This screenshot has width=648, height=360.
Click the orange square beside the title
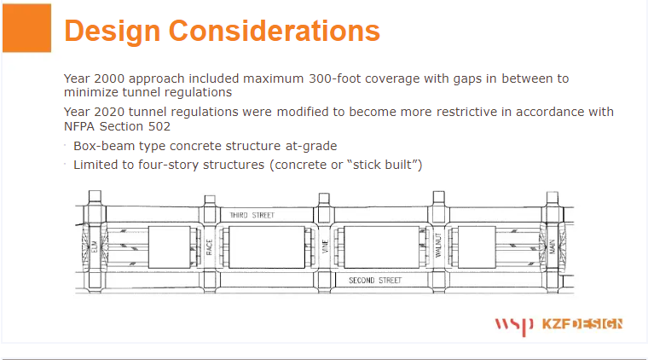pyautogui.click(x=27, y=28)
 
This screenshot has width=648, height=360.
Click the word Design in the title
pyautogui.click(x=113, y=32)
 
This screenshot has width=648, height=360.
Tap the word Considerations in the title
pyautogui.click(x=275, y=31)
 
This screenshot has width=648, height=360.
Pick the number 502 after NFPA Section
pyautogui.click(x=159, y=126)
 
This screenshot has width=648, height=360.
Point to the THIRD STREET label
pyautogui.click(x=252, y=215)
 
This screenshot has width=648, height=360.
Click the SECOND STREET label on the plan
pyautogui.click(x=375, y=281)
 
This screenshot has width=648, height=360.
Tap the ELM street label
pyautogui.click(x=95, y=247)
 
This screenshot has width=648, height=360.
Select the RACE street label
pyautogui.click(x=209, y=247)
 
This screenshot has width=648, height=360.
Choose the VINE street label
pyautogui.click(x=325, y=247)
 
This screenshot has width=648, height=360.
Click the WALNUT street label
pyautogui.click(x=438, y=246)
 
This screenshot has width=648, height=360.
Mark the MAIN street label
pyautogui.click(x=553, y=247)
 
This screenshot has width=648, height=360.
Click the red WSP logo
pyautogui.click(x=514, y=326)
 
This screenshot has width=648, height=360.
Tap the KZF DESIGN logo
pyautogui.click(x=582, y=324)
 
